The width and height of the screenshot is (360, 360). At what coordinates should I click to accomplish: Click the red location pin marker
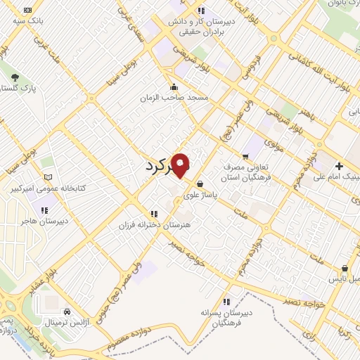click(181, 165)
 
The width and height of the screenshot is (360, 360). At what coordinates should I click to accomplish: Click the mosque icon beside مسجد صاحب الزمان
click(174, 86)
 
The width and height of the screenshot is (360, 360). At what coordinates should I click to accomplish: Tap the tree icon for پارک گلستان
click(15, 77)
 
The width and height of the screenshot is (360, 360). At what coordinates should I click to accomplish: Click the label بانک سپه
click(27, 21)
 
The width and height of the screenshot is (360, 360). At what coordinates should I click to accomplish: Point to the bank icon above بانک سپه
click(27, 11)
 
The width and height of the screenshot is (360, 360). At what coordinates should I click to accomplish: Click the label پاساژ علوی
click(200, 195)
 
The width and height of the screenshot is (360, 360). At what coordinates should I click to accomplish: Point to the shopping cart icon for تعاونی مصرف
click(245, 157)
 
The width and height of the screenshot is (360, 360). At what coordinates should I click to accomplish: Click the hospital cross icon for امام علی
click(339, 165)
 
